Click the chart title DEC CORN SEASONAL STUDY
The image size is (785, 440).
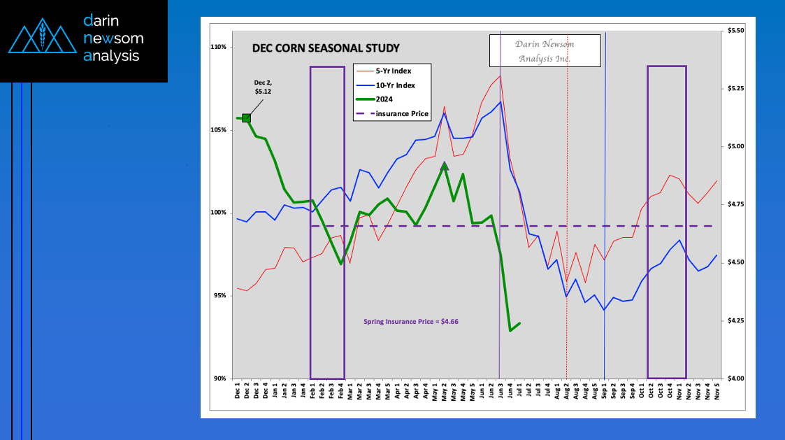pyautogui.click(x=326, y=48)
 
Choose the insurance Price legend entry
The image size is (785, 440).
pyautogui.click(x=393, y=114)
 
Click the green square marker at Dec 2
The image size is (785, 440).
pyautogui.click(x=246, y=118)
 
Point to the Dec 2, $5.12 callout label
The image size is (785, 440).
pyautogui.click(x=263, y=87)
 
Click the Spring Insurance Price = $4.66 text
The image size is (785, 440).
pyautogui.click(x=411, y=322)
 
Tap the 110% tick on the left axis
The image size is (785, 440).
pyautogui.click(x=219, y=47)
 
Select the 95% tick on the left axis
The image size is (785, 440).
pyautogui.click(x=220, y=296)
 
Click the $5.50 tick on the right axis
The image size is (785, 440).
pyautogui.click(x=736, y=31)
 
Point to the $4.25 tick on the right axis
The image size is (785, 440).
pyautogui.click(x=736, y=320)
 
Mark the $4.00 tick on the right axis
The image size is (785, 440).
pyautogui.click(x=736, y=378)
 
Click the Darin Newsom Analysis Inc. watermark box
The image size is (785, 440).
pyautogui.click(x=545, y=50)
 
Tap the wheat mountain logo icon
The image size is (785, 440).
pyautogui.click(x=42, y=36)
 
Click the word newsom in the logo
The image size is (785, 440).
pyautogui.click(x=114, y=38)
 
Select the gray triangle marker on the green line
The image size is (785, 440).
pyautogui.click(x=444, y=166)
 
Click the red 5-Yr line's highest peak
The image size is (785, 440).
pyautogui.click(x=500, y=76)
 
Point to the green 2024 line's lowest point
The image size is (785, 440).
pyautogui.click(x=510, y=331)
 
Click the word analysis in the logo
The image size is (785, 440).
pyautogui.click(x=111, y=56)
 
